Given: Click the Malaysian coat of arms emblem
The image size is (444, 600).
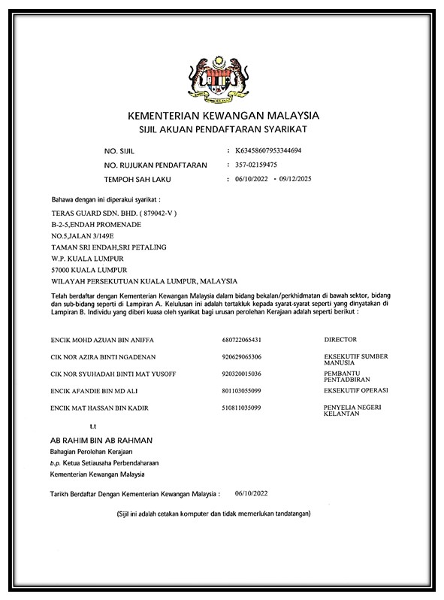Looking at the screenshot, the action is pos(223,75).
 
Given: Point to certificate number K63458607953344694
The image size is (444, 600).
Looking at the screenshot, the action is pos(268,151).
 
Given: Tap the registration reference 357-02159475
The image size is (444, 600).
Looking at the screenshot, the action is pos(257,165).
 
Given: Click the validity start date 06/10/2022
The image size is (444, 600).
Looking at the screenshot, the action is pos(252,179).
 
